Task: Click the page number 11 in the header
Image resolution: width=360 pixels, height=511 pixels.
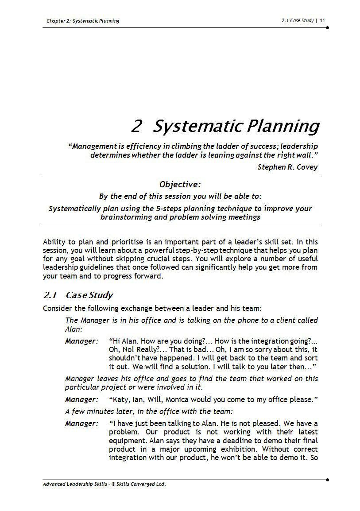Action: coord(322,20)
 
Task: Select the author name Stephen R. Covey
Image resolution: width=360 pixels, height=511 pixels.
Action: coord(287,167)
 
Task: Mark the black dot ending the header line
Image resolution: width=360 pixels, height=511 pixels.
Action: coord(327,27)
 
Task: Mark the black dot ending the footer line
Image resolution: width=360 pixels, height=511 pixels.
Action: coord(327,480)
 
